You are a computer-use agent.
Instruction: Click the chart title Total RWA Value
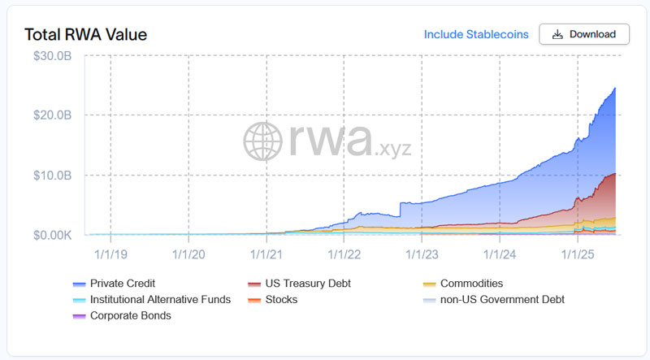85,35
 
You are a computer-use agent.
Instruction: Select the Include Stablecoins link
476,34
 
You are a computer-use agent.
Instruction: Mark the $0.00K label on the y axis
54,235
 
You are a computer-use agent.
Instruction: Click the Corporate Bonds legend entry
130,315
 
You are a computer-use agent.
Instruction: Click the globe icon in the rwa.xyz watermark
263,141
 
